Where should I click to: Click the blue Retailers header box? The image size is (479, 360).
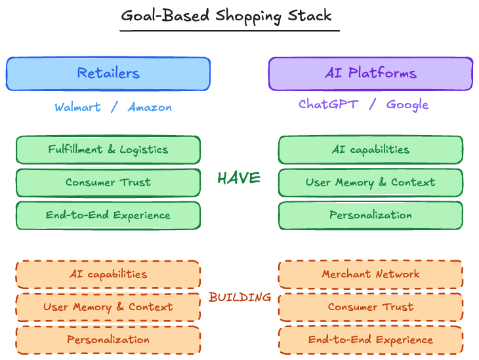click(x=108, y=73)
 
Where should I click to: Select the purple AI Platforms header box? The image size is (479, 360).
click(x=371, y=73)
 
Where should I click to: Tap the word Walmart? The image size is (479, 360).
click(x=77, y=107)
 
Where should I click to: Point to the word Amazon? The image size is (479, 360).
click(x=150, y=107)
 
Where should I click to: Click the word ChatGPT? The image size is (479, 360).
click(x=328, y=104)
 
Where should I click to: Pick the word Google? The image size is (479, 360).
click(x=407, y=105)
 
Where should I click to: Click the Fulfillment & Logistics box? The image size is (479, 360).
click(x=108, y=150)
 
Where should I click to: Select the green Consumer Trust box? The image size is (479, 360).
click(x=108, y=182)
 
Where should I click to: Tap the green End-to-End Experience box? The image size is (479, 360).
click(x=108, y=215)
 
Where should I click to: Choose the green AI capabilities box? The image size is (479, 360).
click(x=371, y=150)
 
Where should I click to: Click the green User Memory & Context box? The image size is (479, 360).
click(x=371, y=182)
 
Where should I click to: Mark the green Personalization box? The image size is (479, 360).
click(x=371, y=215)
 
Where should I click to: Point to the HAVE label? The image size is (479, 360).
click(x=239, y=178)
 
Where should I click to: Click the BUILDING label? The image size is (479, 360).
click(x=239, y=297)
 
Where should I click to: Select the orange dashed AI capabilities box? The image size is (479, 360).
click(x=108, y=274)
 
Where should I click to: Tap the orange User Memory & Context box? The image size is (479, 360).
click(x=108, y=307)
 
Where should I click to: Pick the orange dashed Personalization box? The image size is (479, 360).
click(x=108, y=340)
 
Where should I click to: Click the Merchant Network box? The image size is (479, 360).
click(x=371, y=274)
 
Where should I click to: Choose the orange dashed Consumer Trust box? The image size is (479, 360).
click(x=371, y=307)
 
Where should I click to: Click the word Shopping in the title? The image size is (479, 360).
click(x=248, y=16)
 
